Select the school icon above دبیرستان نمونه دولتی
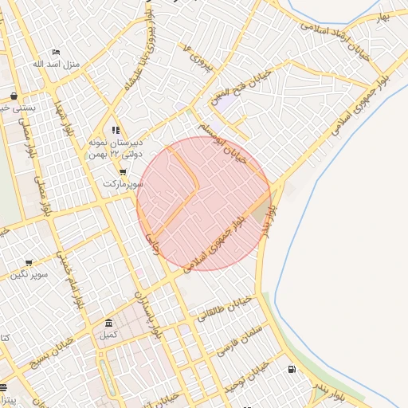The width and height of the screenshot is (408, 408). [116, 130]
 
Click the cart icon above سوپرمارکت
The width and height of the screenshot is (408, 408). [123, 172]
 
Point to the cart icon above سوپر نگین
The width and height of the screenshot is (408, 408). [29, 262]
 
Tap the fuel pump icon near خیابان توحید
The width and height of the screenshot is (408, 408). [290, 369]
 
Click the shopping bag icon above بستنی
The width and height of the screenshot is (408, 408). [14, 95]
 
